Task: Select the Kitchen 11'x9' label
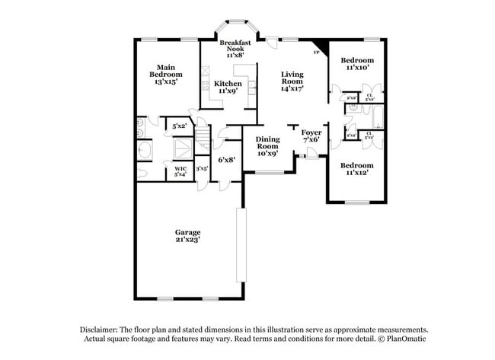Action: pyautogui.click(x=228, y=88)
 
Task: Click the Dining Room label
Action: pyautogui.click(x=267, y=145)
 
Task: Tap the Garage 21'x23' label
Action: pyautogui.click(x=187, y=236)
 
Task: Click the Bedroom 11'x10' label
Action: pyautogui.click(x=356, y=64)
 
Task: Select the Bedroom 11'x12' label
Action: pyautogui.click(x=356, y=169)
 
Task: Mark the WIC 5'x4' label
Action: pyautogui.click(x=180, y=171)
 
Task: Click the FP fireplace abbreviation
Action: pyautogui.click(x=316, y=53)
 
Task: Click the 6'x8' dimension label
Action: pyautogui.click(x=226, y=160)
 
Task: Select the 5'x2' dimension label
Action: pyautogui.click(x=179, y=126)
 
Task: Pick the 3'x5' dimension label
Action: pyautogui.click(x=202, y=169)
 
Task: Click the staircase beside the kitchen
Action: pyautogui.click(x=203, y=141)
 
